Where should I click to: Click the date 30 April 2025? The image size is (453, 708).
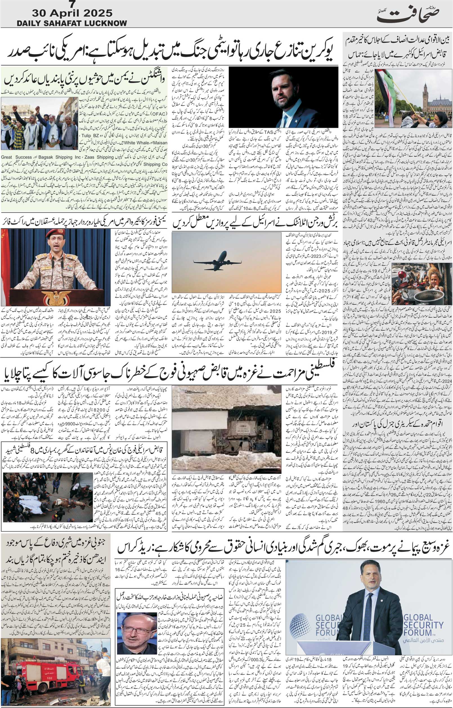72,13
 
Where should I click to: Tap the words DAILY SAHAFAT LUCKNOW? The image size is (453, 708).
72,23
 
